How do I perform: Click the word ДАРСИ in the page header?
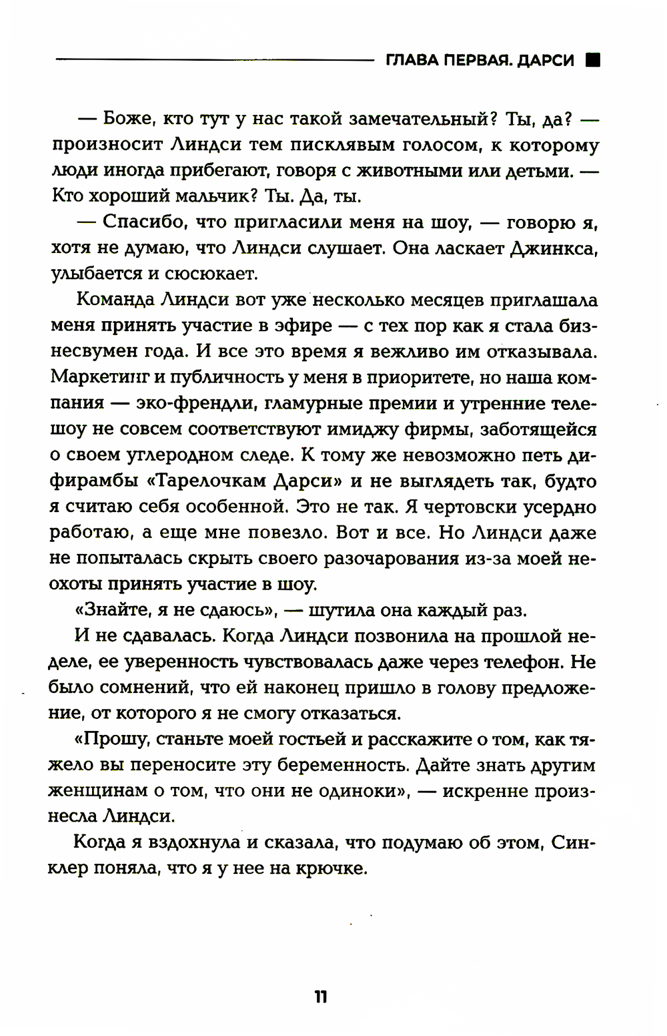[544, 61]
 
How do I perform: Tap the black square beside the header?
[592, 60]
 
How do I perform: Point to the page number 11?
[320, 997]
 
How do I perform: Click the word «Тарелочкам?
[195, 481]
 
